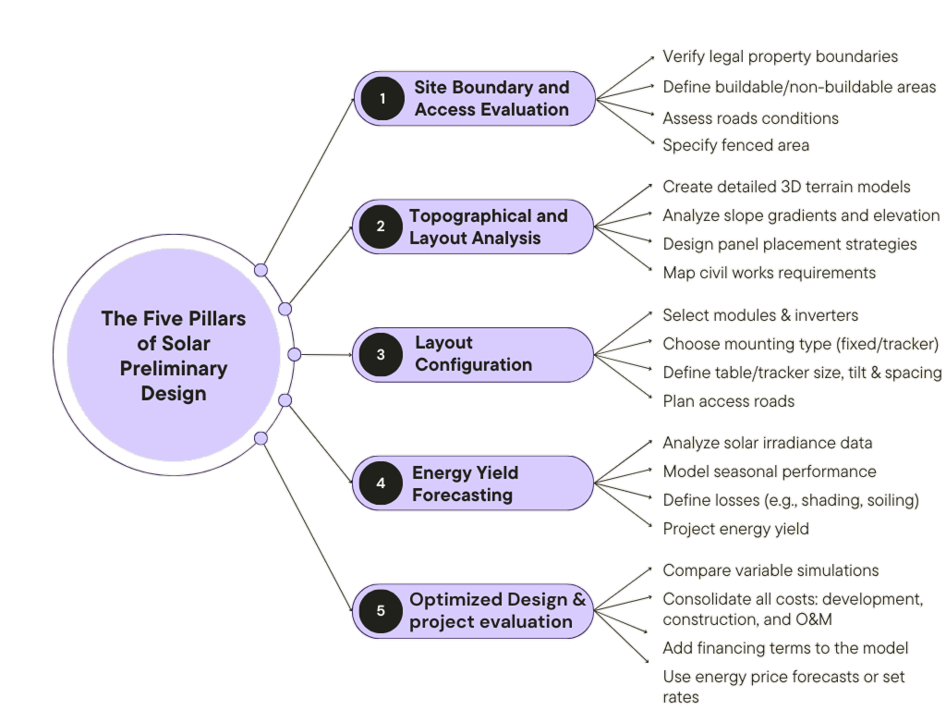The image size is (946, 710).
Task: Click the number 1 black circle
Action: click(x=381, y=98)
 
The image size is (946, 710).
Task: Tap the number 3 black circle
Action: click(x=381, y=354)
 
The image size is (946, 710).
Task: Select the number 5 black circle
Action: click(x=381, y=610)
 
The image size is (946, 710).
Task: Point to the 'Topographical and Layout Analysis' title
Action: click(x=489, y=226)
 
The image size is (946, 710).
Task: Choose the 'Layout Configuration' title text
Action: click(x=473, y=354)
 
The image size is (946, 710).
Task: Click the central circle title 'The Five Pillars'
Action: click(x=174, y=319)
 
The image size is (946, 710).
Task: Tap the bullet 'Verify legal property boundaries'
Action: click(x=781, y=56)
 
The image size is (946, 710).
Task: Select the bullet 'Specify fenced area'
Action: click(x=736, y=144)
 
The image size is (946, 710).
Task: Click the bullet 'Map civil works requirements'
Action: click(x=770, y=273)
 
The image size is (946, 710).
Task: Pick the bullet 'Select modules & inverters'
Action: click(x=760, y=315)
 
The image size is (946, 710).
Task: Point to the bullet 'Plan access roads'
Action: click(x=729, y=401)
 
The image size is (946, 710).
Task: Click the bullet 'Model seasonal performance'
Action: click(x=770, y=471)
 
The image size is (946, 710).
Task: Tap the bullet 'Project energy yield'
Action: click(x=736, y=529)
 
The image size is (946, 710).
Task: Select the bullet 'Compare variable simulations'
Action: click(x=770, y=570)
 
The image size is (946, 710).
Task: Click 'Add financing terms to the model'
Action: click(x=786, y=648)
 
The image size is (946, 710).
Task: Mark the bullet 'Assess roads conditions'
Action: click(x=751, y=117)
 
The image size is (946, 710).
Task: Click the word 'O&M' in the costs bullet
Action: click(x=813, y=619)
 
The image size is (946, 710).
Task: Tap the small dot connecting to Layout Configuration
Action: click(x=294, y=354)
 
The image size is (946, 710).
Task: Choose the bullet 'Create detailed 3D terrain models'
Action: click(x=786, y=187)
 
